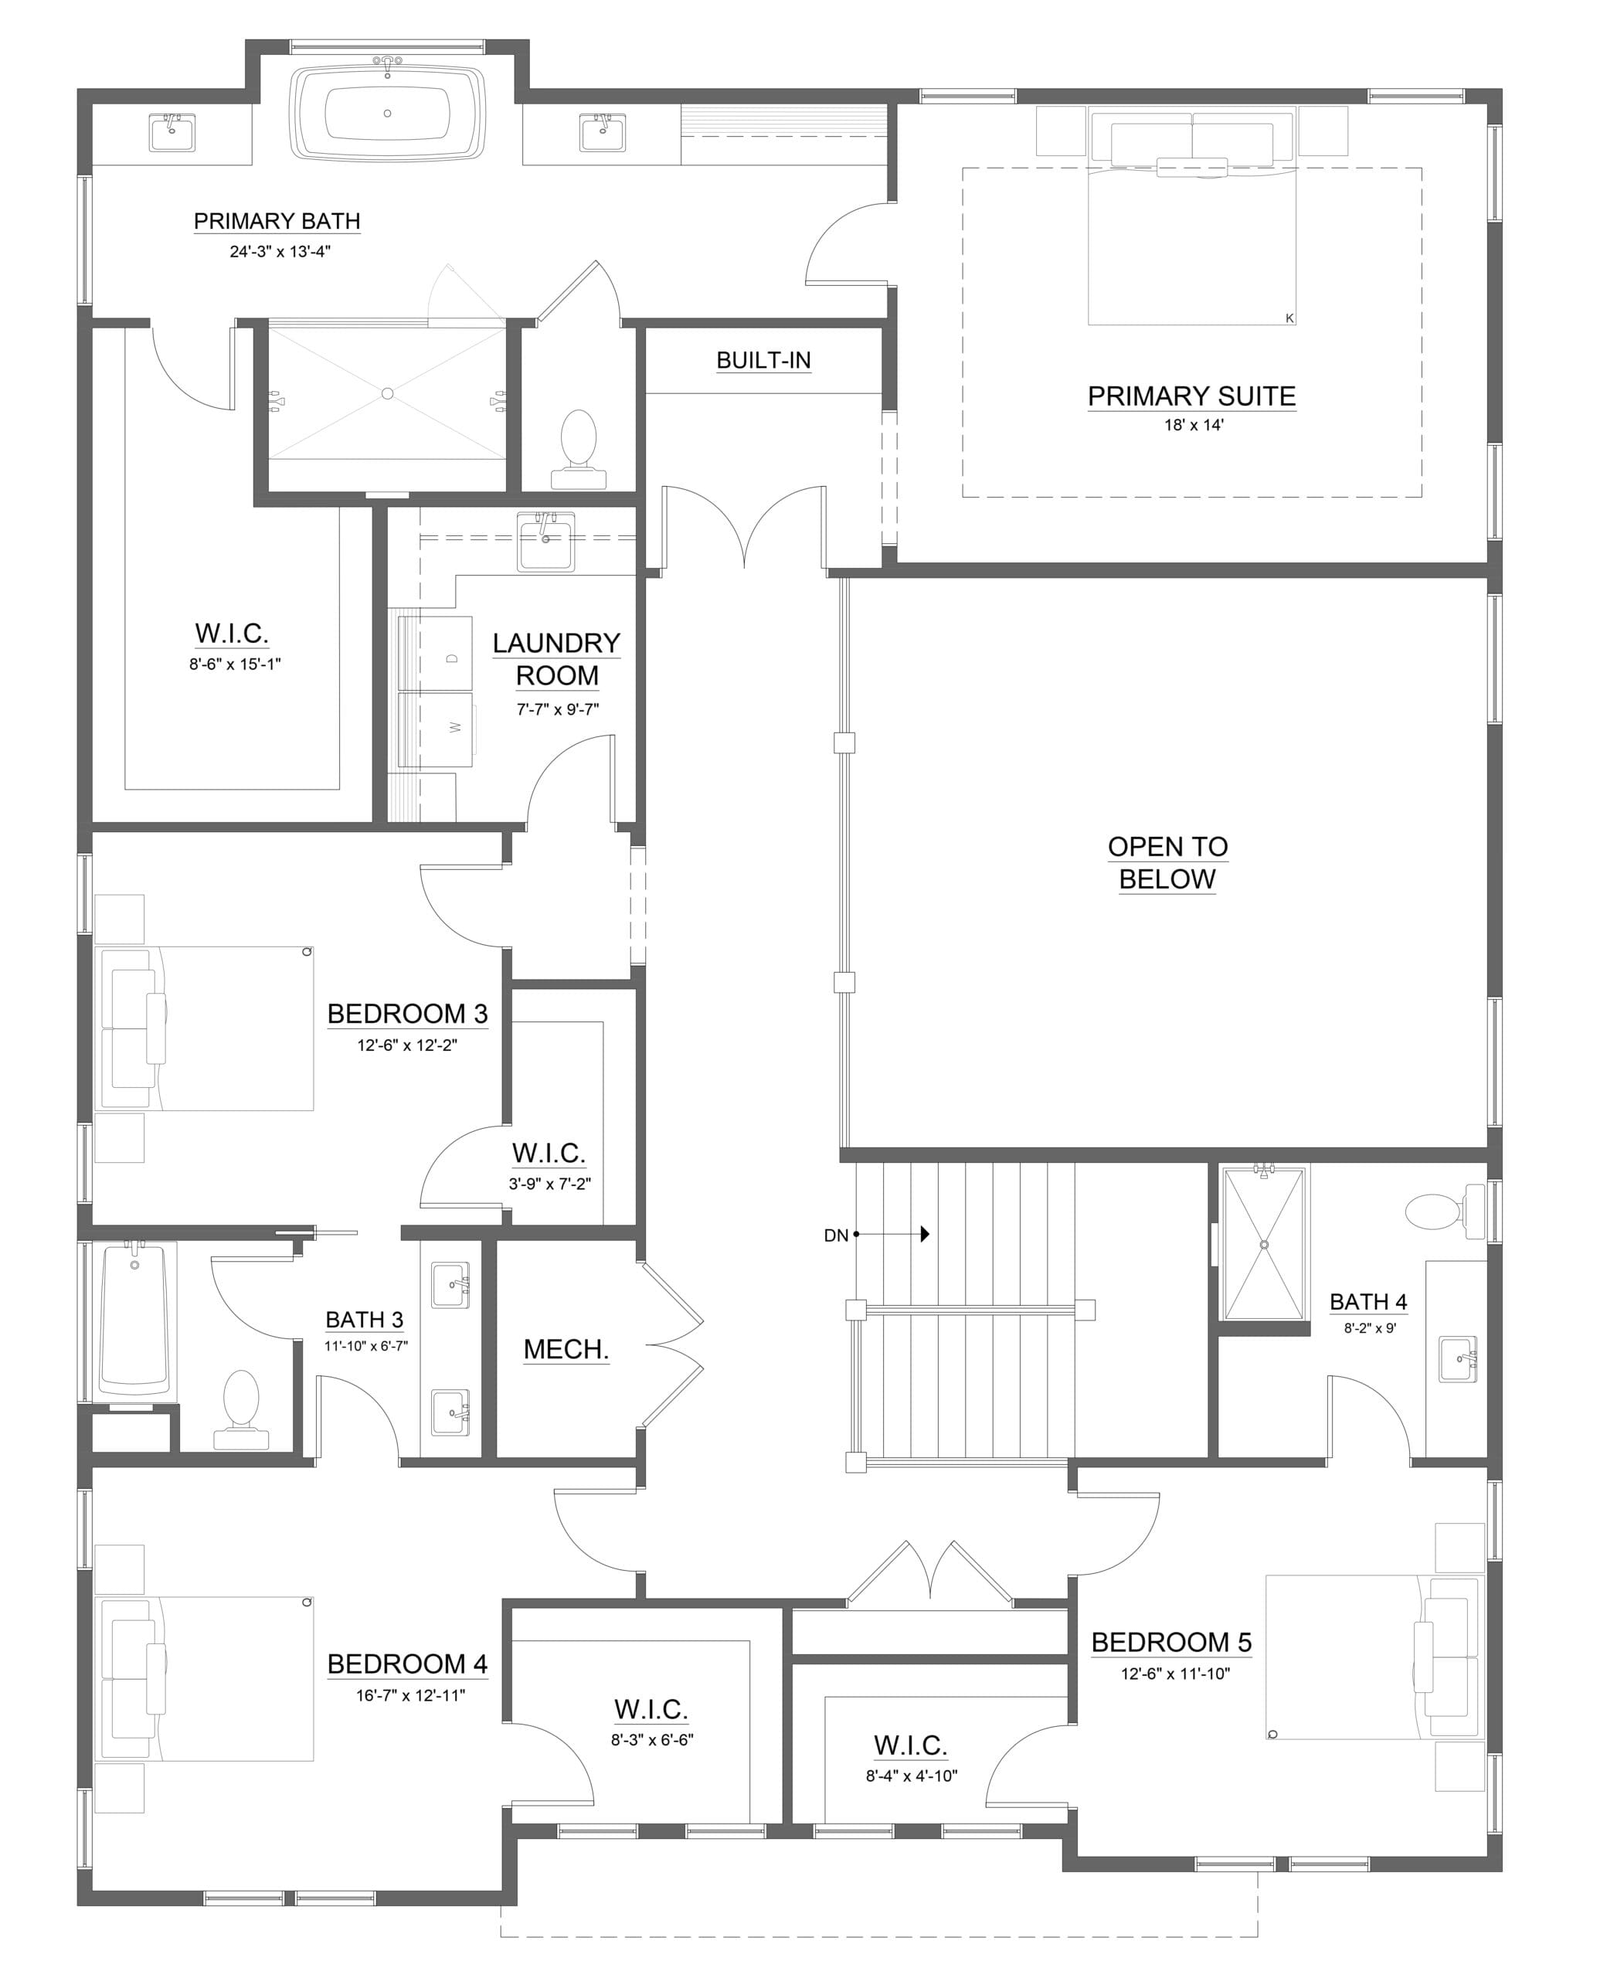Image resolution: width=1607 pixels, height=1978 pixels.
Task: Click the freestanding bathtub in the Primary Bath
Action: pos(387,114)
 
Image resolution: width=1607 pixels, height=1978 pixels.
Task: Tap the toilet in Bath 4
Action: pos(1443,1212)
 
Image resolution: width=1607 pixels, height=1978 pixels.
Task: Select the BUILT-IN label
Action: pos(763,360)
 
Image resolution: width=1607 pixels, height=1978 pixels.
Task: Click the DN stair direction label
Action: pos(836,1235)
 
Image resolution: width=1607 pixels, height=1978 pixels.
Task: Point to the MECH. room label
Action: pos(566,1350)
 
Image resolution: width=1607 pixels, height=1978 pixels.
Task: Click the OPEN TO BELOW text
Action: pos(1167,862)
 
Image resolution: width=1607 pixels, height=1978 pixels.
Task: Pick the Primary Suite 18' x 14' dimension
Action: pos(1193,426)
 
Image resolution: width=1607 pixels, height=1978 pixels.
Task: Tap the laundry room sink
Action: pos(545,542)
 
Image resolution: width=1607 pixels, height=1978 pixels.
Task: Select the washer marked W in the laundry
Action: pos(435,729)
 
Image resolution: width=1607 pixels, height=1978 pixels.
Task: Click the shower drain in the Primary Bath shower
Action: pos(387,393)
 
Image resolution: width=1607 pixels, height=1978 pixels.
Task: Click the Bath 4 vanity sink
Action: pos(1458,1360)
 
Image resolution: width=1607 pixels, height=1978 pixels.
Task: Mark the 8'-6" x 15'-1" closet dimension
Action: pos(234,664)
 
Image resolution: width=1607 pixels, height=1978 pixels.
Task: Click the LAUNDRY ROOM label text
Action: pos(556,659)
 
